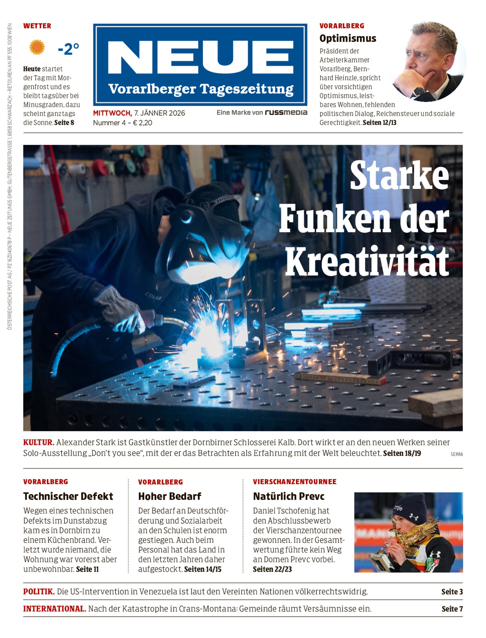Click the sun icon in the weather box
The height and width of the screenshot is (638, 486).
[37, 47]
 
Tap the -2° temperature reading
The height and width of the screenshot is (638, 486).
[68, 49]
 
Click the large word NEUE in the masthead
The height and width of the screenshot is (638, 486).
[200, 57]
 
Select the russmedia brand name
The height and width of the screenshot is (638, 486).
[286, 113]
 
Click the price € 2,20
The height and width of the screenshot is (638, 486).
[142, 123]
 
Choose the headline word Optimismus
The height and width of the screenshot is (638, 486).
[348, 38]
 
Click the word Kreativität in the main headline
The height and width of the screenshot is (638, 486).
[367, 261]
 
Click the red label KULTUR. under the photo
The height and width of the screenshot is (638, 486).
[39, 442]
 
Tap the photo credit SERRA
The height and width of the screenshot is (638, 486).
[456, 454]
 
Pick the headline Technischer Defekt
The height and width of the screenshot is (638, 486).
[68, 496]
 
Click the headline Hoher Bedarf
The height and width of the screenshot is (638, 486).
[169, 496]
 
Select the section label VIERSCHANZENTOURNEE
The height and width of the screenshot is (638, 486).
[295, 482]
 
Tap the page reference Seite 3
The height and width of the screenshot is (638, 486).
[452, 592]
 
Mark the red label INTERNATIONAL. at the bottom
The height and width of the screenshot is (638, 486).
[55, 609]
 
